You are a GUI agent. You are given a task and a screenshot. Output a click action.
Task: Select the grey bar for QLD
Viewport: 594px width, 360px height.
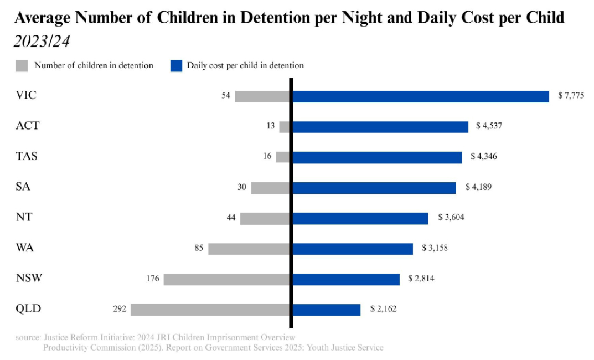pos(210,309)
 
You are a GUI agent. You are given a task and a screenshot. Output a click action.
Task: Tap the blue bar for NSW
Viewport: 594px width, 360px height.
pos(346,279)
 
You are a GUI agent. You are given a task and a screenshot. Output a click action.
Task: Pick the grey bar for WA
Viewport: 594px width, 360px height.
pos(249,249)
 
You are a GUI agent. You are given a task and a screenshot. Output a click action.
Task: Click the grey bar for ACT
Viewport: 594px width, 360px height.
pos(285,127)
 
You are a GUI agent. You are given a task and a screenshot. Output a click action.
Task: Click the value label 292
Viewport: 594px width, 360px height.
pos(120,309)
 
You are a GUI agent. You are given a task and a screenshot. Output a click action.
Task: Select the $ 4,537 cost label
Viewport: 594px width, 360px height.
pos(489,126)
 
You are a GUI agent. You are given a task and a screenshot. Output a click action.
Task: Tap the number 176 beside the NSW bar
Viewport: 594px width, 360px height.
pos(153,279)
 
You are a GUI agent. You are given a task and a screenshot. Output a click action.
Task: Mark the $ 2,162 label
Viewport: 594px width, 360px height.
pos(383,309)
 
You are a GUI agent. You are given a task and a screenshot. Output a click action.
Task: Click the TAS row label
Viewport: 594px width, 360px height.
pos(27,156)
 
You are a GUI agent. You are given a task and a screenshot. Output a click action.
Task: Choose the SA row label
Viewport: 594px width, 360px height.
pos(23,187)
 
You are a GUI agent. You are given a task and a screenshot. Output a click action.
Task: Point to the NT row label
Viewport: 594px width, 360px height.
pos(24,217)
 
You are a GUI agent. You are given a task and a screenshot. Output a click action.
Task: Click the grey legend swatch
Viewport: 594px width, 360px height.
pos(21,65)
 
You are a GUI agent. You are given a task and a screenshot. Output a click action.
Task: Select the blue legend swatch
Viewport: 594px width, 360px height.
pos(175,65)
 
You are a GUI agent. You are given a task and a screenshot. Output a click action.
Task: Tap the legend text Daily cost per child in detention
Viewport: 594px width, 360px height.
pos(245,65)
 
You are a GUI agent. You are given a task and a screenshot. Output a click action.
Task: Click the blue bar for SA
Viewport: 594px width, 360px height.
pos(374,188)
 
